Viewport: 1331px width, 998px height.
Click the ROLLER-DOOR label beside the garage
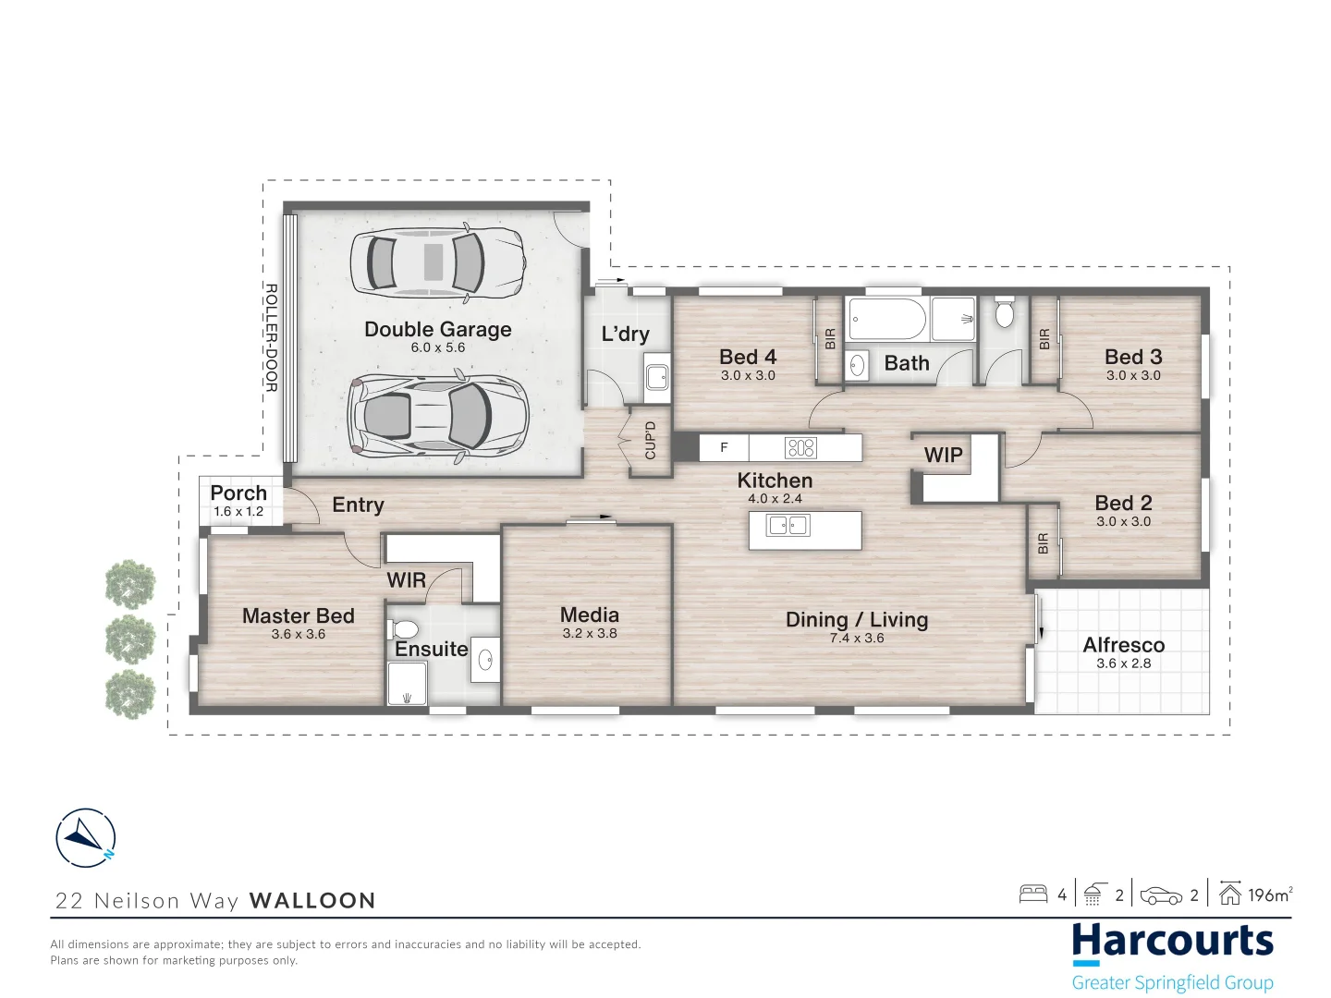(271, 337)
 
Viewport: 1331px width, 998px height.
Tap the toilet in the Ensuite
(403, 628)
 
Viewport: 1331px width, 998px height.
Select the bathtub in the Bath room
(887, 319)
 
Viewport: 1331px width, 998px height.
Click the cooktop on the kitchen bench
(800, 448)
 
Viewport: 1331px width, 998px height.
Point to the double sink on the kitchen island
(788, 525)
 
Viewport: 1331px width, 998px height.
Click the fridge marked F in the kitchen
(724, 448)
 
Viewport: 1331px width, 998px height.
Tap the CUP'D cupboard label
(651, 441)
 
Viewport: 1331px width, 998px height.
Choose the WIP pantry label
(943, 455)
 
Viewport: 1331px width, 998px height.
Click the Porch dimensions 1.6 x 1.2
(238, 511)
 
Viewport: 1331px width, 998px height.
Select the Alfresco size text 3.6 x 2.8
(1123, 663)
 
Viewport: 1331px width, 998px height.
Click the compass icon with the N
(86, 838)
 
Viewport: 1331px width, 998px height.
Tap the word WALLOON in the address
(313, 900)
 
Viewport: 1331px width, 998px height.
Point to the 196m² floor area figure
(1270, 895)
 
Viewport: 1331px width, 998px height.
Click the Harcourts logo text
(1173, 942)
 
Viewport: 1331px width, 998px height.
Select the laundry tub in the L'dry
(656, 378)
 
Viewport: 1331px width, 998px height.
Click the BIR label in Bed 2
(1043, 543)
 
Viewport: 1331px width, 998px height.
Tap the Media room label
(590, 615)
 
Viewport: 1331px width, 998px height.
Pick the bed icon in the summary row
(1033, 895)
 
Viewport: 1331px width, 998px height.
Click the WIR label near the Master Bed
(407, 580)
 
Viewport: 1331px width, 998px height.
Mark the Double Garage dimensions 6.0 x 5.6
(438, 347)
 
